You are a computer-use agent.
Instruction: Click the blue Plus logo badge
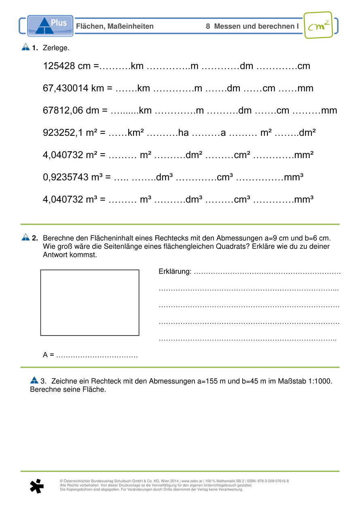point(50,25)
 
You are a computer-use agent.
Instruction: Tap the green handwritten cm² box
point(318,25)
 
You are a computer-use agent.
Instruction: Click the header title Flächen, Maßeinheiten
point(115,26)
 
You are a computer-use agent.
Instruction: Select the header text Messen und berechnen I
point(256,26)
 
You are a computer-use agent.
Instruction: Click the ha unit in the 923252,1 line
point(183,133)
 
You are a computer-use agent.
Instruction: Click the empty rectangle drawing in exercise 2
point(90,302)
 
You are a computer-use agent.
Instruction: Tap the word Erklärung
point(174,272)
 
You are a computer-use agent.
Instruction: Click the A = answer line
point(91,355)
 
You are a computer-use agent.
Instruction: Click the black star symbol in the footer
point(36,486)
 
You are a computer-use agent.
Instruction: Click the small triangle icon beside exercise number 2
point(25,237)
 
